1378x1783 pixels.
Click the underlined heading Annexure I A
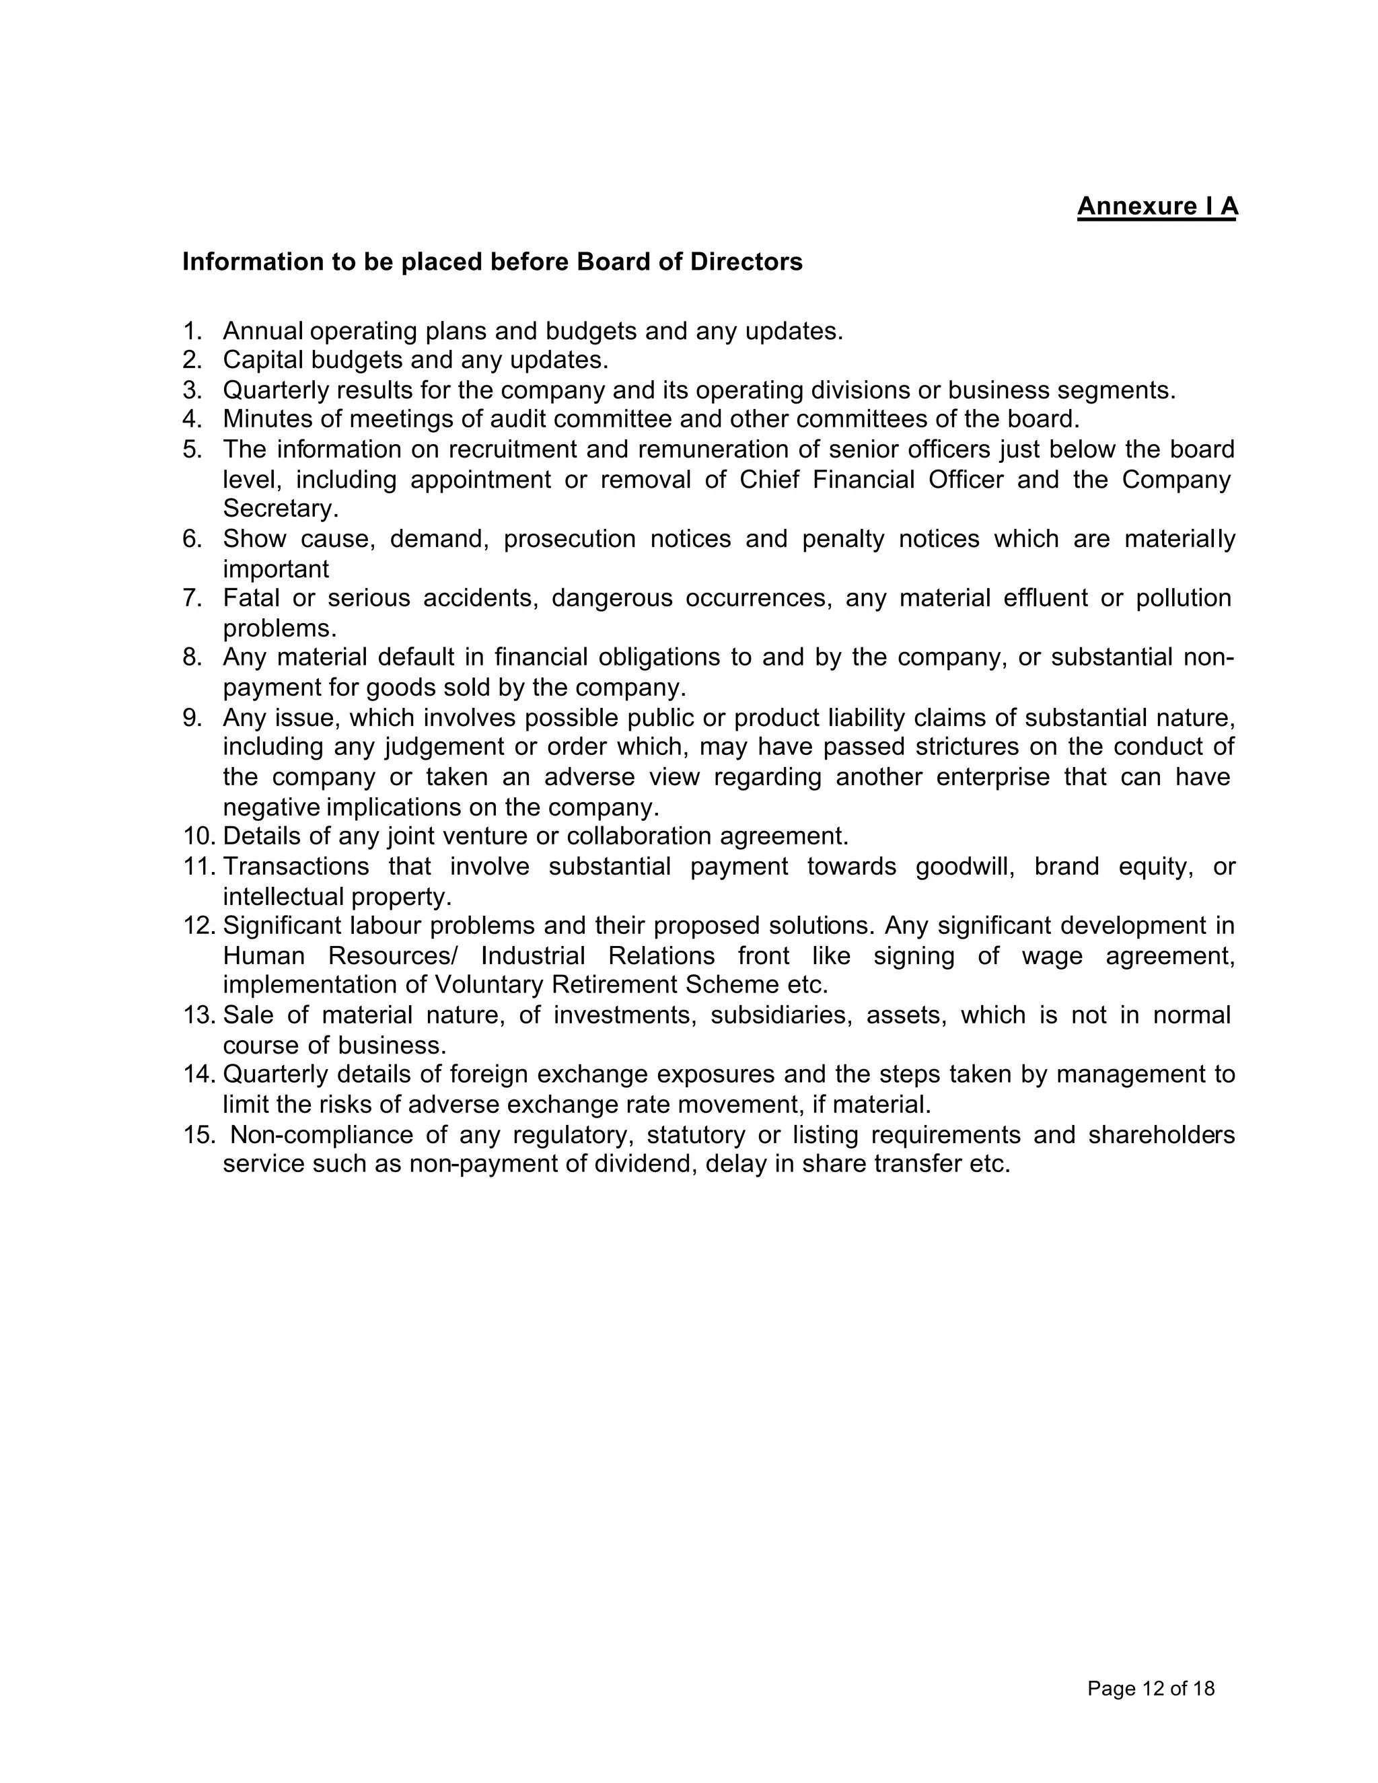(1157, 206)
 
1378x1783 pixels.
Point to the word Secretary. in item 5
(280, 509)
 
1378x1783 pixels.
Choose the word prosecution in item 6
(569, 540)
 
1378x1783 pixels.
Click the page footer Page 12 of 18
(1150, 1688)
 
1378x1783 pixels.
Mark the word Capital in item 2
(263, 360)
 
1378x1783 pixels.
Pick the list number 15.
(199, 1135)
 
